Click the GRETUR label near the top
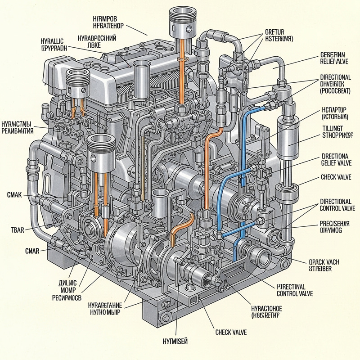pyautogui.click(x=276, y=31)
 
